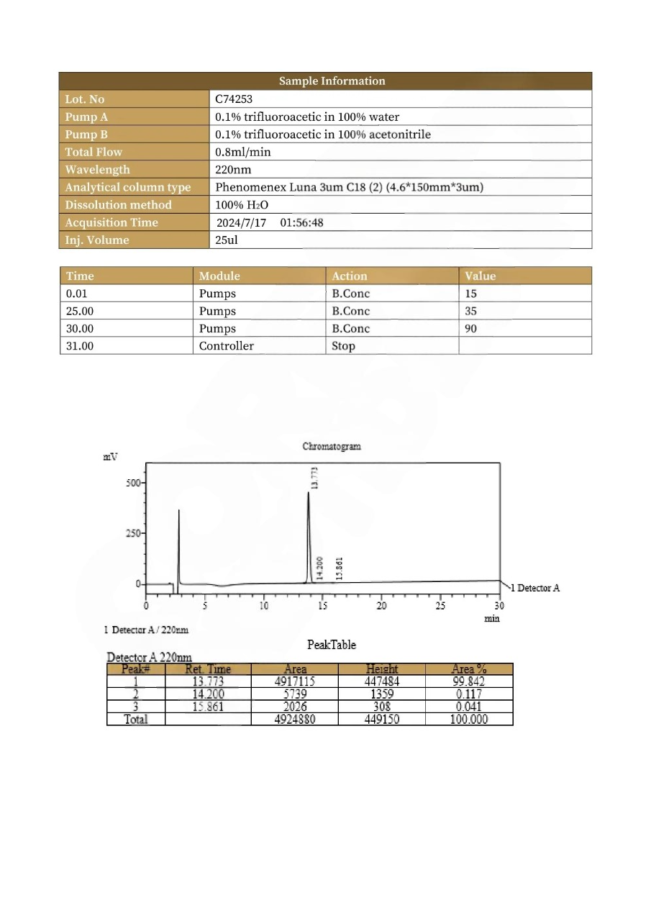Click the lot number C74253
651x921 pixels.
[x=234, y=99]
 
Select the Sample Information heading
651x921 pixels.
[x=332, y=81]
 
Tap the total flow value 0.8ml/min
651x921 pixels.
[x=243, y=152]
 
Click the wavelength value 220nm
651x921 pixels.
[x=233, y=170]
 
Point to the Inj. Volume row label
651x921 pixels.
[x=97, y=240]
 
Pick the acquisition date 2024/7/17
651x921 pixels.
[x=241, y=223]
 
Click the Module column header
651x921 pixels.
[x=219, y=276]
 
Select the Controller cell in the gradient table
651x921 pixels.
[x=226, y=346]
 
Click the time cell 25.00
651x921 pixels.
[x=79, y=312]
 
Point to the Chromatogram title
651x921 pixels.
[x=332, y=446]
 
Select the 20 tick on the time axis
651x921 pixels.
[x=382, y=606]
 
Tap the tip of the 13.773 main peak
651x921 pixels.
[x=309, y=493]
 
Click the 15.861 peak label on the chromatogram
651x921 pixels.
[x=340, y=568]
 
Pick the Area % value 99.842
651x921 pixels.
[x=468, y=681]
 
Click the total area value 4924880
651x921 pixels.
[x=295, y=719]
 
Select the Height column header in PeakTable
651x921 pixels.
[x=381, y=669]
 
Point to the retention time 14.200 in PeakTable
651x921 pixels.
[x=208, y=694]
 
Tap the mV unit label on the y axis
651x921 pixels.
[x=111, y=457]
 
